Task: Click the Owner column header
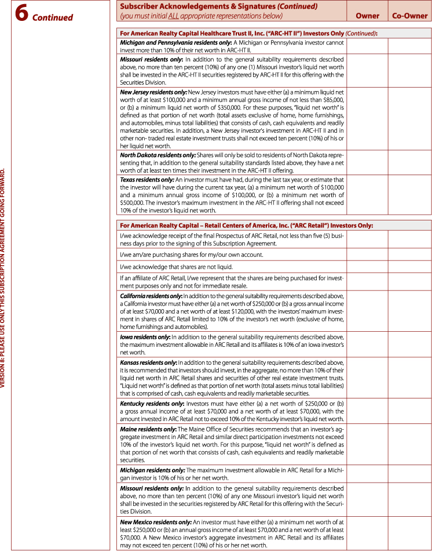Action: click(x=367, y=16)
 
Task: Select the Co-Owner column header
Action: click(x=409, y=16)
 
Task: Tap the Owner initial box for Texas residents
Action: click(x=367, y=195)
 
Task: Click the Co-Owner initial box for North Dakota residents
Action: click(x=409, y=162)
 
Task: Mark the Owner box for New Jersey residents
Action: click(x=367, y=119)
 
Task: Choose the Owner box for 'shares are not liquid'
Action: click(x=367, y=267)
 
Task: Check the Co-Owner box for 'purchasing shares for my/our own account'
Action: click(x=409, y=255)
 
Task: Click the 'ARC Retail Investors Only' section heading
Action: click(x=246, y=226)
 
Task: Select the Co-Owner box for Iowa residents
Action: click(x=409, y=345)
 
